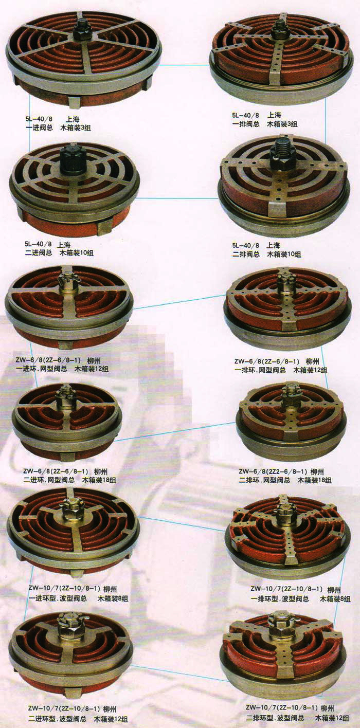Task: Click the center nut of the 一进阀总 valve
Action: point(81,31)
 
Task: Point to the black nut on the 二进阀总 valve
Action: point(71,160)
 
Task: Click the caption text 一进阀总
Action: point(40,128)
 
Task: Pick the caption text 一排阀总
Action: point(246,123)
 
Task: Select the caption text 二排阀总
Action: point(246,254)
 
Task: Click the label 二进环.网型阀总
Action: point(49,480)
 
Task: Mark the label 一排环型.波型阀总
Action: point(280,598)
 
